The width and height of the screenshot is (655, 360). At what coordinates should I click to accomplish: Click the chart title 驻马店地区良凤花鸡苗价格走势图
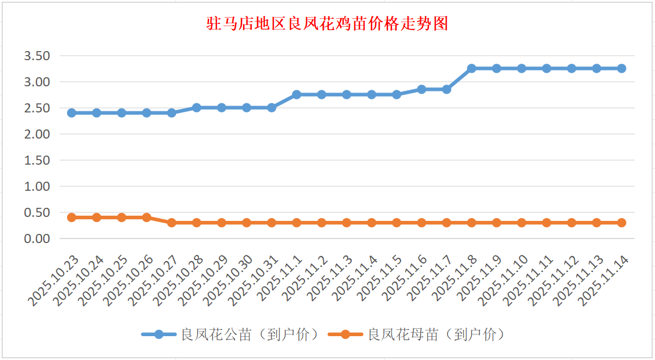click(x=327, y=24)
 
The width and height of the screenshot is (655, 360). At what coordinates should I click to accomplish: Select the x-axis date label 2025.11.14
click(x=603, y=281)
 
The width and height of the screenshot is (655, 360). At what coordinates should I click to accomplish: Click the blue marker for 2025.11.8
click(x=472, y=68)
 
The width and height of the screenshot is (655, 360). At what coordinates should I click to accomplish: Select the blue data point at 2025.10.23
click(x=72, y=113)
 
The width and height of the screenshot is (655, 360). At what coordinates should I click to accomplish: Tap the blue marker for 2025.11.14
click(x=621, y=68)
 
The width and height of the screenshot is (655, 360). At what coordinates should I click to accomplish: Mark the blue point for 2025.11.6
click(x=422, y=89)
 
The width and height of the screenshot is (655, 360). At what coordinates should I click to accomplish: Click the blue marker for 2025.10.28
click(x=197, y=107)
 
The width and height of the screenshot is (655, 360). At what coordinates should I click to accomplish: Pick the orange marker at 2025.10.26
click(x=147, y=217)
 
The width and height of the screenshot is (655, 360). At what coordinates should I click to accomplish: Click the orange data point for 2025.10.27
click(x=172, y=223)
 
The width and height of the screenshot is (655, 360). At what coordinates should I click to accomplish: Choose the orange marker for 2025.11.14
click(x=621, y=223)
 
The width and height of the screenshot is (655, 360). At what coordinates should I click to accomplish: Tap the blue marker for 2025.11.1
click(x=297, y=94)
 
